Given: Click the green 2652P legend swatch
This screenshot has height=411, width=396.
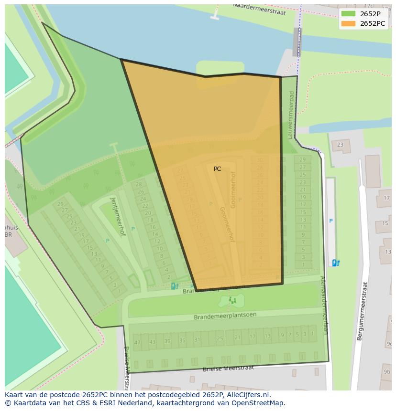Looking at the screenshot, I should coord(348,14).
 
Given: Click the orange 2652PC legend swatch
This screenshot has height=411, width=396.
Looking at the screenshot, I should coord(348,23).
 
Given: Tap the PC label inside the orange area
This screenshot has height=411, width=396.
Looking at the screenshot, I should coord(217,169).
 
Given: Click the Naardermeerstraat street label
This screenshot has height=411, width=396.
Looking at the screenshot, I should coord(259,9).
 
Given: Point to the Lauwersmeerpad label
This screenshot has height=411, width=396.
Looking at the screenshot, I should coord(291,115).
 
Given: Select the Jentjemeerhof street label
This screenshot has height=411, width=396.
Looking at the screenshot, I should coord(118,216).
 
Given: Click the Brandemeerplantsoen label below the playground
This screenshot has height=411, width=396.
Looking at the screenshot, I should coord(225,316).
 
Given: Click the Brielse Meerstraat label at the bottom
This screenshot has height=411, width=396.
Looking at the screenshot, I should coord(228,369).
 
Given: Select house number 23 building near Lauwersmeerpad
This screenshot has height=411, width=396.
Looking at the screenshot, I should coord(340,145).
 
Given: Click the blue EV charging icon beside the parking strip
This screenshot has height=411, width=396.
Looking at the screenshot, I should coord(336,263).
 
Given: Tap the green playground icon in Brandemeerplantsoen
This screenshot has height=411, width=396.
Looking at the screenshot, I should coord(232,300).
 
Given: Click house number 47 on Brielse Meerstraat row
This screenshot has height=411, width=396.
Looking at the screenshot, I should coord(138,342).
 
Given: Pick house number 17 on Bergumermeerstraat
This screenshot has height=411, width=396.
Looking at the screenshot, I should coord(386,198).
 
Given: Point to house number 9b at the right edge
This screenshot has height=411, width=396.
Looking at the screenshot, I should coord(386,372).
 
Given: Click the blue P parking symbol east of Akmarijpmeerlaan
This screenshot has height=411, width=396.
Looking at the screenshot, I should coord(330,221).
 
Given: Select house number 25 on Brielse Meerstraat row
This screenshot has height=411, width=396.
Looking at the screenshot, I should coord(220,339).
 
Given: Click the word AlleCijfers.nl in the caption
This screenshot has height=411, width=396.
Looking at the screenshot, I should coord(249,395).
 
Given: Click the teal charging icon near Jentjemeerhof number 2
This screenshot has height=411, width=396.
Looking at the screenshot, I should coord(174,286).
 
